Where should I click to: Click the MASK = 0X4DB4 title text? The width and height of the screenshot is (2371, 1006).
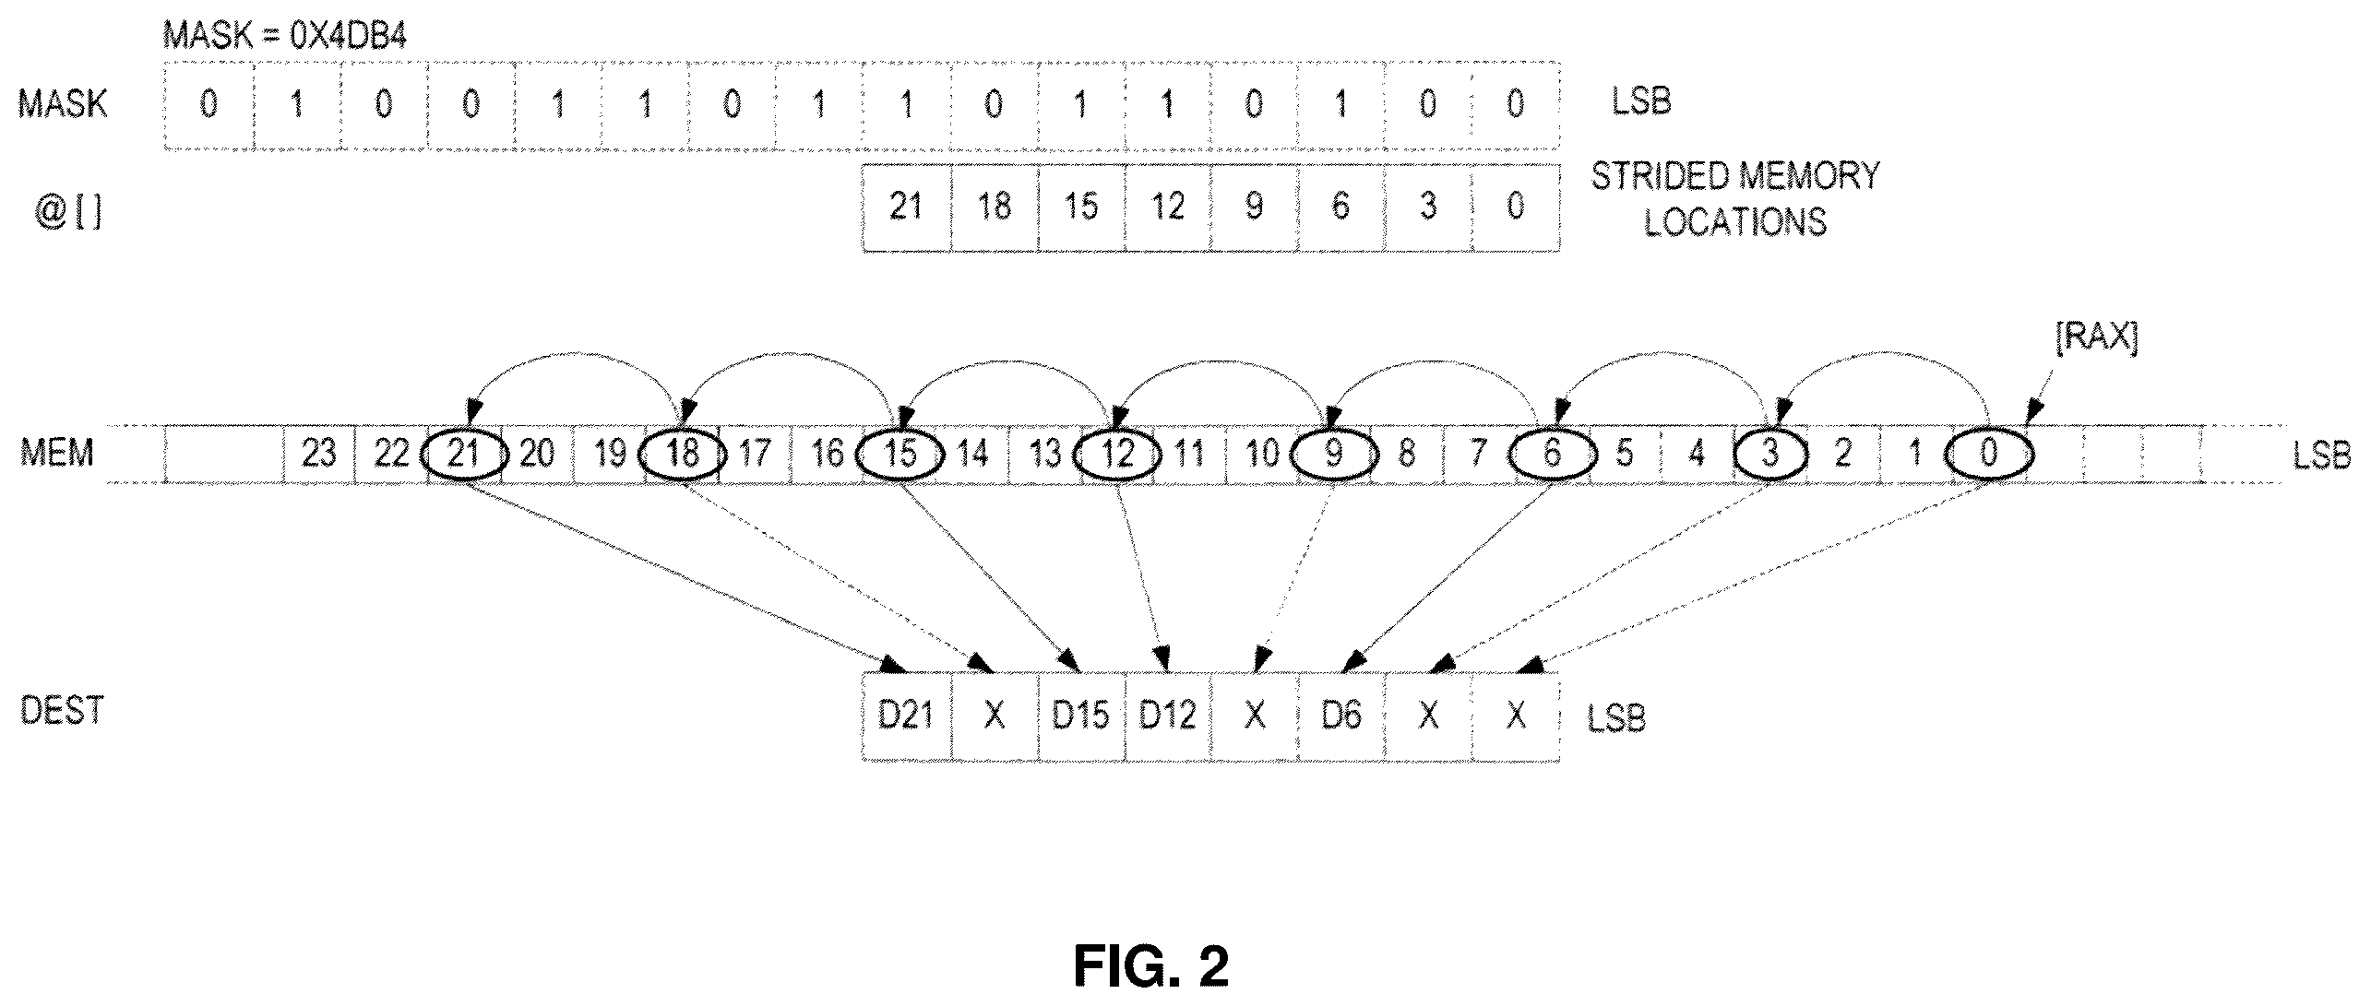click(284, 37)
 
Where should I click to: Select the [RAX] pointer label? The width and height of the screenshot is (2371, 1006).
click(2096, 338)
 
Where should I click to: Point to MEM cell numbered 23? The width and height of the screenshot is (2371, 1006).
click(318, 454)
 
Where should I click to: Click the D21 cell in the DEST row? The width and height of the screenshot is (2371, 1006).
click(906, 716)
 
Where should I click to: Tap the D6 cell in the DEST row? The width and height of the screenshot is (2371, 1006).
click(1341, 716)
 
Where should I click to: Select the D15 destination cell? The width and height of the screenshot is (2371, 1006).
click(1080, 716)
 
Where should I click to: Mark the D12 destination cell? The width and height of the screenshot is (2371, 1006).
click(1167, 716)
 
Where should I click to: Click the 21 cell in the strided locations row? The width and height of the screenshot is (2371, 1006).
click(906, 207)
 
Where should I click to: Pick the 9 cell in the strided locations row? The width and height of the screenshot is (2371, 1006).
click(1254, 207)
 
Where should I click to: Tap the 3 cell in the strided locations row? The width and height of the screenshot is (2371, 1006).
click(1428, 207)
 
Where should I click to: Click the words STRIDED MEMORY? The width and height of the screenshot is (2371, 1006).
click(1735, 175)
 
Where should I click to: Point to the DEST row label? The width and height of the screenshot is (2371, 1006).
click(62, 710)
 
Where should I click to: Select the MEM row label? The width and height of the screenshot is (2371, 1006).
click(57, 454)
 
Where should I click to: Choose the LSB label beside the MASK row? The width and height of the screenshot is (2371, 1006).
click(1641, 101)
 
